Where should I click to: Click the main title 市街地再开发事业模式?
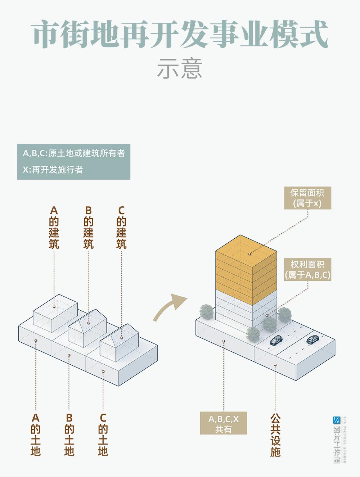(x=180, y=35)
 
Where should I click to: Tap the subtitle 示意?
(x=180, y=68)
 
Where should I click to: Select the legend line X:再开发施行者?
(x=53, y=170)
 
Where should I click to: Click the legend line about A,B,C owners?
(x=74, y=153)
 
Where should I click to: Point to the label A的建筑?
(x=54, y=227)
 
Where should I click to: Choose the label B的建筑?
(x=88, y=227)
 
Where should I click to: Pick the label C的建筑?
(x=121, y=227)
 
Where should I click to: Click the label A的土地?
(x=35, y=435)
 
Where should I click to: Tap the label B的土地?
(x=69, y=435)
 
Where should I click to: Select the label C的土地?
(x=103, y=435)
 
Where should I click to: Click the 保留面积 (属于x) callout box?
(x=307, y=198)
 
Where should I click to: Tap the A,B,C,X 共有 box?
(x=224, y=424)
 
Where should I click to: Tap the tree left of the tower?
(x=207, y=312)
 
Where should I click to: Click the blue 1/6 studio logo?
(x=337, y=420)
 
